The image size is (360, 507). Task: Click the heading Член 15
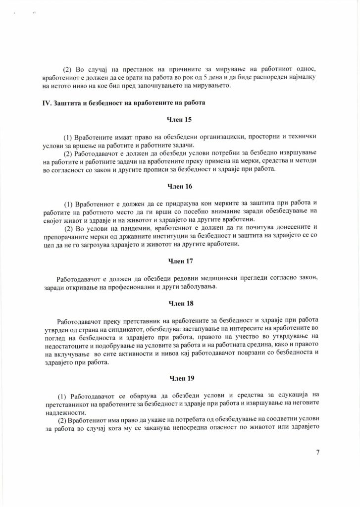(180, 120)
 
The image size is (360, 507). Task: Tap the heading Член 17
(180, 261)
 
